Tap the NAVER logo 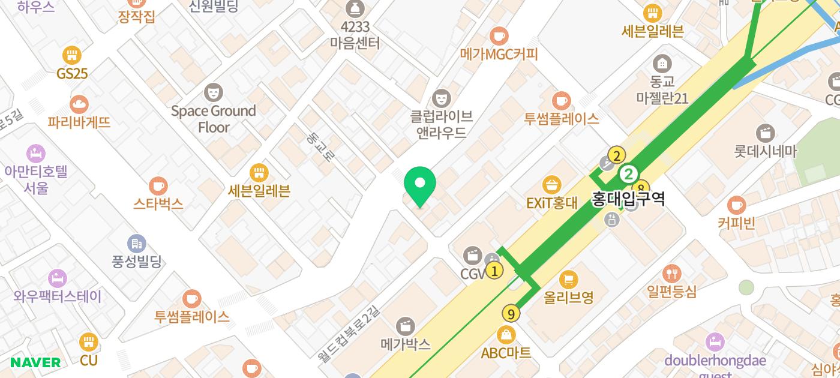point(35,362)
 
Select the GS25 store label point(72,74)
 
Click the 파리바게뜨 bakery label point(79,122)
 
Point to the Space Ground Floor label point(214,119)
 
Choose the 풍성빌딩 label point(137,261)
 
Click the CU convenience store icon point(89,342)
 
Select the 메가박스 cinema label point(406,344)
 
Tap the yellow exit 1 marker point(494,271)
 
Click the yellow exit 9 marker point(511,313)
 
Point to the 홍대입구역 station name point(628,199)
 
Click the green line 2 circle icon point(629,175)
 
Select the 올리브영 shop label point(568,296)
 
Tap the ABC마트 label point(506,353)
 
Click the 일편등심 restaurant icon point(672,274)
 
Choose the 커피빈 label point(736,223)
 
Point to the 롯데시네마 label point(765,152)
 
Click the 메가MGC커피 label point(499,54)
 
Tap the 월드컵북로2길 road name point(349,334)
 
